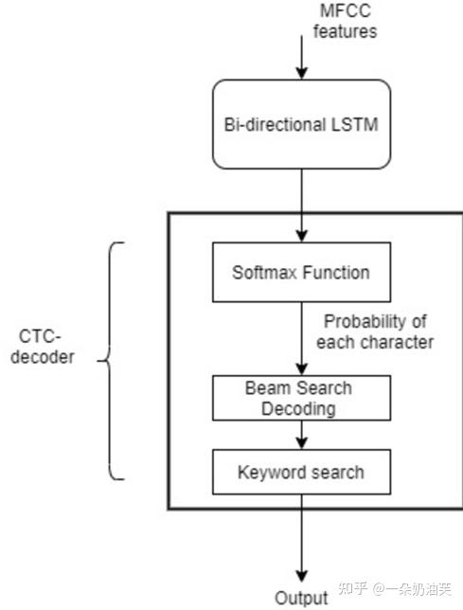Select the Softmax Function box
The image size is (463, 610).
[300, 273]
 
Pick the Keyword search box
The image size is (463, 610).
[300, 471]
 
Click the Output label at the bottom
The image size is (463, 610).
[301, 598]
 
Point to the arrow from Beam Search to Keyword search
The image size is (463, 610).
[301, 435]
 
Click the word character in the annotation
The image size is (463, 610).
[398, 341]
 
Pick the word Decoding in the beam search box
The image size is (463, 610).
[298, 408]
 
